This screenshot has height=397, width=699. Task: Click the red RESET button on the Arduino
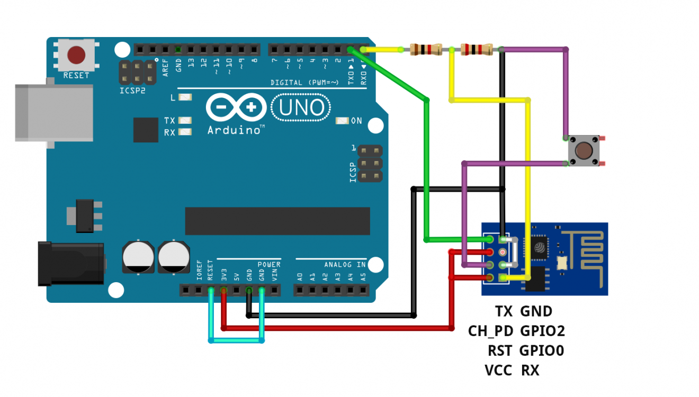pyautogui.click(x=76, y=54)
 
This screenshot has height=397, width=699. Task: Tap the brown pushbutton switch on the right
pyautogui.click(x=584, y=151)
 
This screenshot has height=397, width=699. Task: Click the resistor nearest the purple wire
pyautogui.click(x=477, y=50)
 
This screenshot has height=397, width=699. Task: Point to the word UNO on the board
pyautogui.click(x=301, y=108)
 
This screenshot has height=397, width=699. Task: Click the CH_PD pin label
pyautogui.click(x=490, y=331)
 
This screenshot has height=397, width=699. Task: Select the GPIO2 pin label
pyautogui.click(x=542, y=331)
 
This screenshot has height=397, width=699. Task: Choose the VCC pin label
pyautogui.click(x=498, y=371)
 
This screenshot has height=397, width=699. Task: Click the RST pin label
pyautogui.click(x=500, y=350)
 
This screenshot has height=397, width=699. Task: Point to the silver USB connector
pyautogui.click(x=53, y=112)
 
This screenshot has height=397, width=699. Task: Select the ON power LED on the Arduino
pyautogui.click(x=343, y=121)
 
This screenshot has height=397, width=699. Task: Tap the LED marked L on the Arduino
pyautogui.click(x=185, y=97)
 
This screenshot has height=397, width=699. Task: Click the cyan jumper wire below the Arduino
pyautogui.click(x=237, y=340)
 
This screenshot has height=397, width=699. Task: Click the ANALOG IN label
pyautogui.click(x=345, y=264)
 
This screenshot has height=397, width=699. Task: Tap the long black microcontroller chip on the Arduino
pyautogui.click(x=277, y=221)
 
